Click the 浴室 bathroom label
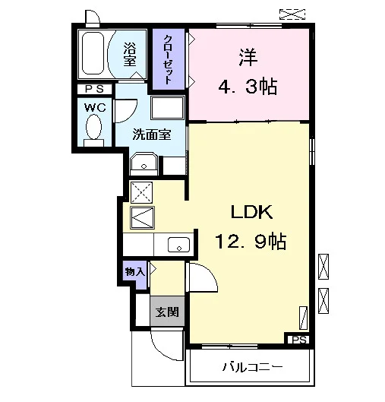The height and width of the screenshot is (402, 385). (130, 54)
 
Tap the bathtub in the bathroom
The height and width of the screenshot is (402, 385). (93, 53)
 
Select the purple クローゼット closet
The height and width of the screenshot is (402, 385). (169, 59)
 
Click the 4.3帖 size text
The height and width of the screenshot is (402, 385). (248, 87)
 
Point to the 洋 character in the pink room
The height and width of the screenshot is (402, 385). (248, 58)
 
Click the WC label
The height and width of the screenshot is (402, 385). (95, 107)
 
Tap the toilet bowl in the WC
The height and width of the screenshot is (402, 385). (93, 127)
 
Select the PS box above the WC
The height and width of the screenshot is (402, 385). (95, 89)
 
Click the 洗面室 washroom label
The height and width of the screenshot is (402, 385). (152, 134)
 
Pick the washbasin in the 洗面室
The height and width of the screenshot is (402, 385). (144, 164)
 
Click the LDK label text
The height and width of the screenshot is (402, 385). (251, 212)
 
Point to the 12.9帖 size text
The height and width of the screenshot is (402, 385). (251, 241)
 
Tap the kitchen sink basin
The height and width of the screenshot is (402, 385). (178, 245)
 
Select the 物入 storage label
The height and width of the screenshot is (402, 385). (134, 271)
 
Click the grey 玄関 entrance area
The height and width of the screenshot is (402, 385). (167, 312)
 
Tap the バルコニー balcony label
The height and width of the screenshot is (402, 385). (252, 367)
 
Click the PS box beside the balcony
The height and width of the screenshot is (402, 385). (298, 340)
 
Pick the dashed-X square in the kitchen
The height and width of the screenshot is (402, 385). (142, 192)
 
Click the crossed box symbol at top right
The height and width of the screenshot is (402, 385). (292, 14)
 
